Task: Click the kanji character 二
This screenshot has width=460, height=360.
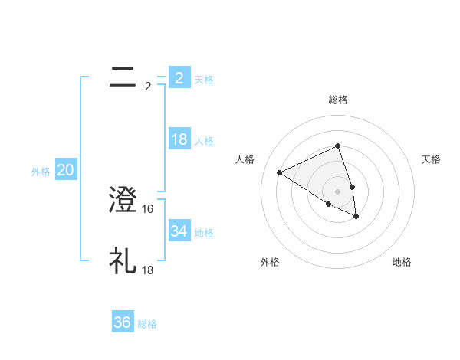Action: [x=123, y=77]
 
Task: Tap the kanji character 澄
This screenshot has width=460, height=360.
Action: [x=123, y=200]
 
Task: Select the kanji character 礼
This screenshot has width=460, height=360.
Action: [x=123, y=261]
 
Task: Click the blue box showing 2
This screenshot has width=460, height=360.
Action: [x=179, y=78]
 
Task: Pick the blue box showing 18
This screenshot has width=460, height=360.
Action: [x=179, y=139]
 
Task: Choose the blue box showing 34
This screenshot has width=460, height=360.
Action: [x=179, y=231]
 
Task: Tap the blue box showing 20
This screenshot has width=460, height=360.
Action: [x=65, y=171]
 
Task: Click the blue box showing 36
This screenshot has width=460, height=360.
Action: [x=123, y=322]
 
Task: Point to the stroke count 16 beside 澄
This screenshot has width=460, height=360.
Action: [x=149, y=208]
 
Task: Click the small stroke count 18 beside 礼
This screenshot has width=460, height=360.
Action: [x=149, y=270]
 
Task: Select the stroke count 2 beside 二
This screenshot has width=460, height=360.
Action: [x=148, y=87]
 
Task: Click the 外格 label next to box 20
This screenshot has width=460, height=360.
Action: [x=41, y=172]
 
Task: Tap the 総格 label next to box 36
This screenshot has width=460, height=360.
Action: [x=147, y=324]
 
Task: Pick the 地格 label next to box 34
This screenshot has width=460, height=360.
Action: [x=204, y=233]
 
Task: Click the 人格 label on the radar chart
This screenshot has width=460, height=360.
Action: [x=245, y=159]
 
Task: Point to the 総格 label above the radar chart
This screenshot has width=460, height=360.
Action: [x=337, y=100]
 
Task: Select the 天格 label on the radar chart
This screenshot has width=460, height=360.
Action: [x=431, y=159]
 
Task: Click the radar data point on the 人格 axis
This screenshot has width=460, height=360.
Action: [x=279, y=172]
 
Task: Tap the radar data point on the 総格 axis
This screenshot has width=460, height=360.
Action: [x=337, y=146]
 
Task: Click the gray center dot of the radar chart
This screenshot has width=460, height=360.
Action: [x=337, y=191]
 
